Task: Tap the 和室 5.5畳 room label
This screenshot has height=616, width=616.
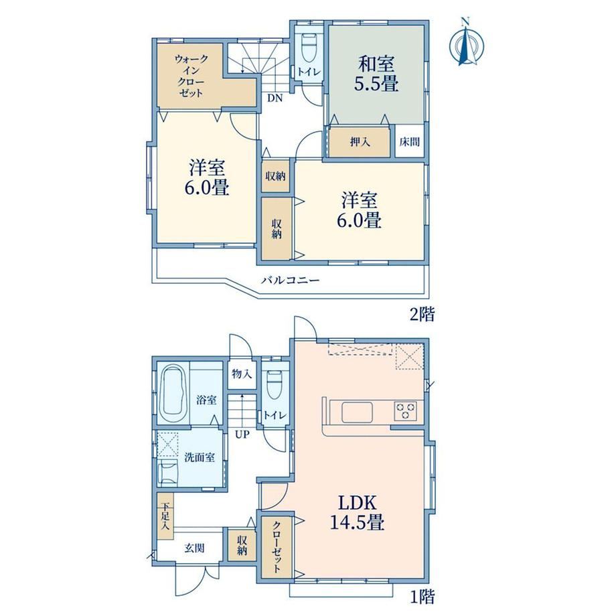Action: [376, 74]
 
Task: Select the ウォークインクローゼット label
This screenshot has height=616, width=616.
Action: [191, 76]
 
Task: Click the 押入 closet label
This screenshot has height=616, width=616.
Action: [360, 141]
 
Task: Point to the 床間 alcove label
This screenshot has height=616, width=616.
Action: [409, 141]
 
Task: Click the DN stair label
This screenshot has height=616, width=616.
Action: [275, 98]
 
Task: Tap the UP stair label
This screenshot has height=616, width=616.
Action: [242, 435]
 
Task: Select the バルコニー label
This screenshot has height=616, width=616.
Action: [291, 281]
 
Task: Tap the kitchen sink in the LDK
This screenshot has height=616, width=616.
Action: [357, 412]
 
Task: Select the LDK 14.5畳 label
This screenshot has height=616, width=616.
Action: [357, 512]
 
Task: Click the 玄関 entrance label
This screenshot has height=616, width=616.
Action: [194, 548]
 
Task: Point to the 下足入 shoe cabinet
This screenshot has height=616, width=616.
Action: [165, 516]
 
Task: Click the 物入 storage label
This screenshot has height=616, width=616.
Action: [242, 374]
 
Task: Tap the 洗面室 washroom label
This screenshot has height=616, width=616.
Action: [200, 457]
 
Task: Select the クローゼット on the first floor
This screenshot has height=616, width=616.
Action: [277, 546]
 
